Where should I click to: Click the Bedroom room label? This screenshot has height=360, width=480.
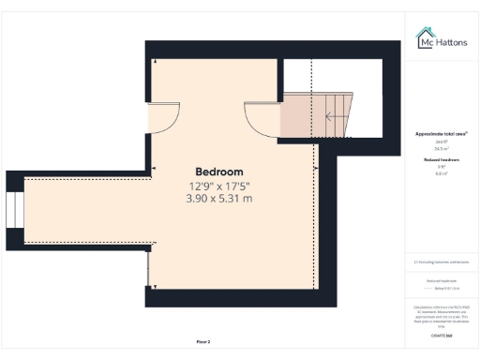pos(218,172)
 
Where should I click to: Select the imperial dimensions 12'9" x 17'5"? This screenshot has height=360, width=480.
pos(218,186)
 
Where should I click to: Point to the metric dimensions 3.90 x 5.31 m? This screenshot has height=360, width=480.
pos(218,199)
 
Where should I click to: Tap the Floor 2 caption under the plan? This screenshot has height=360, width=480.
pos(203,341)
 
